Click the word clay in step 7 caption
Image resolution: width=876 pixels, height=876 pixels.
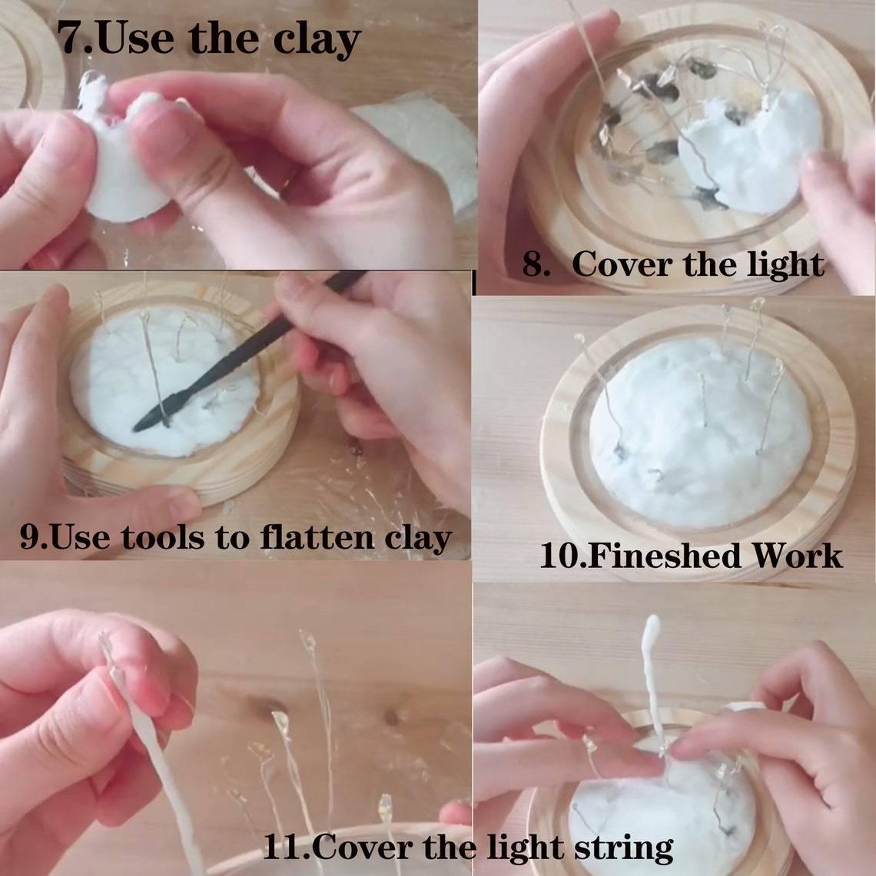pyautogui.click(x=315, y=40)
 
